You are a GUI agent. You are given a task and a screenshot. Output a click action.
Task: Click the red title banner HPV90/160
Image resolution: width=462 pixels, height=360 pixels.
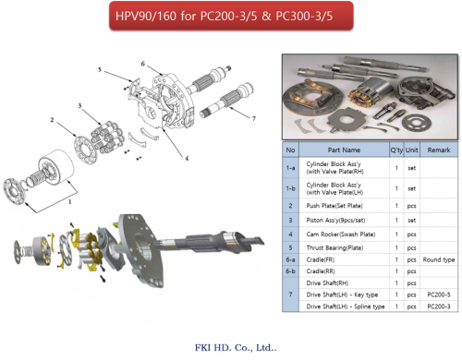(x=231, y=16)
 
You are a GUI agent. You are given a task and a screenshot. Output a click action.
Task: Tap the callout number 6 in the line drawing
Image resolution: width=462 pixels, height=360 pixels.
(x=143, y=64)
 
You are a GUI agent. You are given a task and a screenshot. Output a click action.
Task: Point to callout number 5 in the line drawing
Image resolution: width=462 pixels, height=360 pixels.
(x=100, y=70)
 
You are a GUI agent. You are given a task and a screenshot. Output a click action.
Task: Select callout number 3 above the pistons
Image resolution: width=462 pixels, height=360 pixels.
(x=79, y=106)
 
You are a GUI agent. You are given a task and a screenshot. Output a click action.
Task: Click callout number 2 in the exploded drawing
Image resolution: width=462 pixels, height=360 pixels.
(x=52, y=120)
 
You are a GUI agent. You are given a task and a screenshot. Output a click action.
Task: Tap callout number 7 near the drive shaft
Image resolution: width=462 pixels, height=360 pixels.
(x=254, y=118)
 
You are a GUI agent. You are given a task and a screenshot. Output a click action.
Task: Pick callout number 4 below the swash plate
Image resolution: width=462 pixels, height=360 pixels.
(x=187, y=158)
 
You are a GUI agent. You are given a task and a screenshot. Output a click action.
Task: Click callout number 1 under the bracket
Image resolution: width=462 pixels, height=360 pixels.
(x=70, y=201)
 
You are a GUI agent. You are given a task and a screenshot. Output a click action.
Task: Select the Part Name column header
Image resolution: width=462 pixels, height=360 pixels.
(x=344, y=150)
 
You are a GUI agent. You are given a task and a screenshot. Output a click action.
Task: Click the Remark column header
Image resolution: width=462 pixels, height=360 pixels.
(x=439, y=150)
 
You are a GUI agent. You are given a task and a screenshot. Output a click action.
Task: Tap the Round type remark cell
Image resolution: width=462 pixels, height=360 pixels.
(x=439, y=259)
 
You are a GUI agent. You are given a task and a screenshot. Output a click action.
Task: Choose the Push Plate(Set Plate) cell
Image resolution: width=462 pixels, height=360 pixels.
(x=334, y=206)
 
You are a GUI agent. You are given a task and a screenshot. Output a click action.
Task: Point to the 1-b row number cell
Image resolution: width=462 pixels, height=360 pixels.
(x=290, y=188)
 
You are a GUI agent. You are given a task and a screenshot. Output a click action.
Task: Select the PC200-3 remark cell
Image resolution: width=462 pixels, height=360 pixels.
(x=439, y=306)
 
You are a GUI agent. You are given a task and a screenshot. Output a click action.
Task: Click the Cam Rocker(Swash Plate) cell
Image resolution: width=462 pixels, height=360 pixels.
(x=341, y=234)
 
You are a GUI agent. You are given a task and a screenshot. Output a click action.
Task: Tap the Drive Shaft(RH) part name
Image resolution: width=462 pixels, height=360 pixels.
(x=327, y=283)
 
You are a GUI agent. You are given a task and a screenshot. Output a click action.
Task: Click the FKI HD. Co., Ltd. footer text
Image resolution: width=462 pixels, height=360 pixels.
(x=236, y=348)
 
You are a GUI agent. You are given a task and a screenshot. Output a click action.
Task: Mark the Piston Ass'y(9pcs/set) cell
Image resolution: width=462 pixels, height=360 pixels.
(x=335, y=221)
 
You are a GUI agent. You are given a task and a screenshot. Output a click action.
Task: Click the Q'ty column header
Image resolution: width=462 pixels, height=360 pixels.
(x=396, y=150)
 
